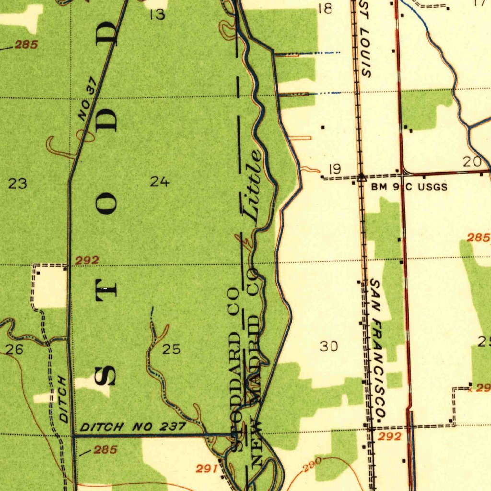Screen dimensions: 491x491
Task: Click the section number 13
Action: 157,15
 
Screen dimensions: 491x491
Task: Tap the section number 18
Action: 326,8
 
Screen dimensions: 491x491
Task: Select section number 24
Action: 159,182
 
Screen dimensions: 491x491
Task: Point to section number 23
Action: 18,183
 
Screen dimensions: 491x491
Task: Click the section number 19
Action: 335,169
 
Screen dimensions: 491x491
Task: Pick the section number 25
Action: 171,349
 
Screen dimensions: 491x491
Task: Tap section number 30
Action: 328,346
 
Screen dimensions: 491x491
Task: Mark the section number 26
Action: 14,350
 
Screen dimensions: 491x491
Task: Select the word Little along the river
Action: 253,187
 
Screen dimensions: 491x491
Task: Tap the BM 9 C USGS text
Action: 409,187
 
